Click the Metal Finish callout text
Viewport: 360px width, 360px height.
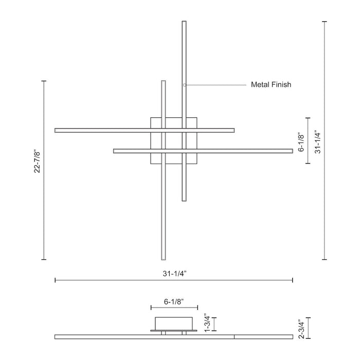271,84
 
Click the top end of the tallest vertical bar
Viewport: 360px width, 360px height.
184,22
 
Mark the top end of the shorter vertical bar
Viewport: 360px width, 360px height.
164,82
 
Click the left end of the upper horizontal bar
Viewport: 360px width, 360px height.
56,130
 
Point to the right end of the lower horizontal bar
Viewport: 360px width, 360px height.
291,151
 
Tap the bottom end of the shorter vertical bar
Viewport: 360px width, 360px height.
164,258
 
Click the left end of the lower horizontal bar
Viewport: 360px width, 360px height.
115,151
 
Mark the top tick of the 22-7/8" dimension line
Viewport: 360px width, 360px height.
44,81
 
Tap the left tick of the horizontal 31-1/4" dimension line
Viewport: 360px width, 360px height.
55,280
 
